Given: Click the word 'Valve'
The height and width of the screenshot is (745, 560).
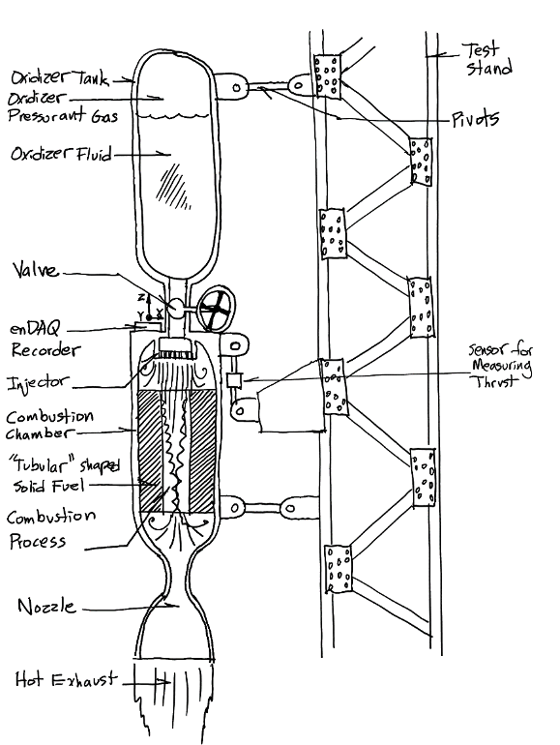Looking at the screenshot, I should (36, 272).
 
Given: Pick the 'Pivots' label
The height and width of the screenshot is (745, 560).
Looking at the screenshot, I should (474, 119).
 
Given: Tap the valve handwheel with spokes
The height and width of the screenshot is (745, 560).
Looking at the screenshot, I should (214, 311).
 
